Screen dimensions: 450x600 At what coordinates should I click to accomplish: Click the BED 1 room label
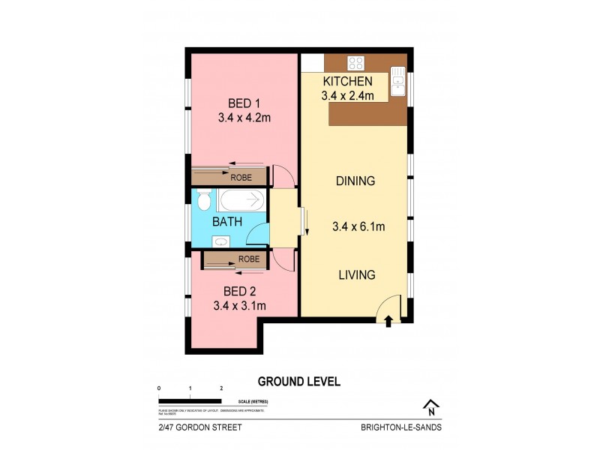coord(244,103)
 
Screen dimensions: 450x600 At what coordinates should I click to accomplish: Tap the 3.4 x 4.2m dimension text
coord(244,117)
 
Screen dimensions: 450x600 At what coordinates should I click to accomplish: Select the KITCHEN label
coord(347,81)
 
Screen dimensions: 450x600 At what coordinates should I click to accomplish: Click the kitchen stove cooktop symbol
coord(355,63)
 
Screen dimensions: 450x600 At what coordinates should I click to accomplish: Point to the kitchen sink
coord(398,82)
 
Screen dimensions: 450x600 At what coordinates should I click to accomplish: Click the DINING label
coord(355,181)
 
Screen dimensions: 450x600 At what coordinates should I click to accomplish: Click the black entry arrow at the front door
coord(388,321)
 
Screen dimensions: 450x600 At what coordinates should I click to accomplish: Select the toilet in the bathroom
coord(204,200)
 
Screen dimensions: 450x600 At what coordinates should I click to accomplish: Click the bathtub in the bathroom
coord(242,200)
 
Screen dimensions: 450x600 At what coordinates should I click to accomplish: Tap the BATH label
coord(226,222)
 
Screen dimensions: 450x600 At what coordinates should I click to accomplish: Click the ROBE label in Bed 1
coord(241,178)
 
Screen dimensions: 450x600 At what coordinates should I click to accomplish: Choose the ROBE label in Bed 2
coord(249,259)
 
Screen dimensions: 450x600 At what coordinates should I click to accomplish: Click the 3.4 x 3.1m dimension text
coord(239,305)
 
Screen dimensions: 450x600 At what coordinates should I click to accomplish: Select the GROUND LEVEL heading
coord(298,381)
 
